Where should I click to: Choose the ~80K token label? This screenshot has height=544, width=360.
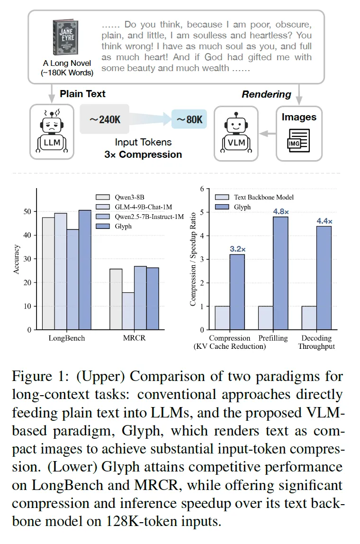click(189, 119)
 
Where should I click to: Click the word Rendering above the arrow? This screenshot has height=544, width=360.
click(266, 94)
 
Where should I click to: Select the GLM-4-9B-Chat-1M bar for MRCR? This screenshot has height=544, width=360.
click(128, 310)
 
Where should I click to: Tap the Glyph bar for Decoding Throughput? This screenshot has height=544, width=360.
click(324, 277)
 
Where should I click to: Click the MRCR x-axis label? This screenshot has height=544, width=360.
click(134, 338)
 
